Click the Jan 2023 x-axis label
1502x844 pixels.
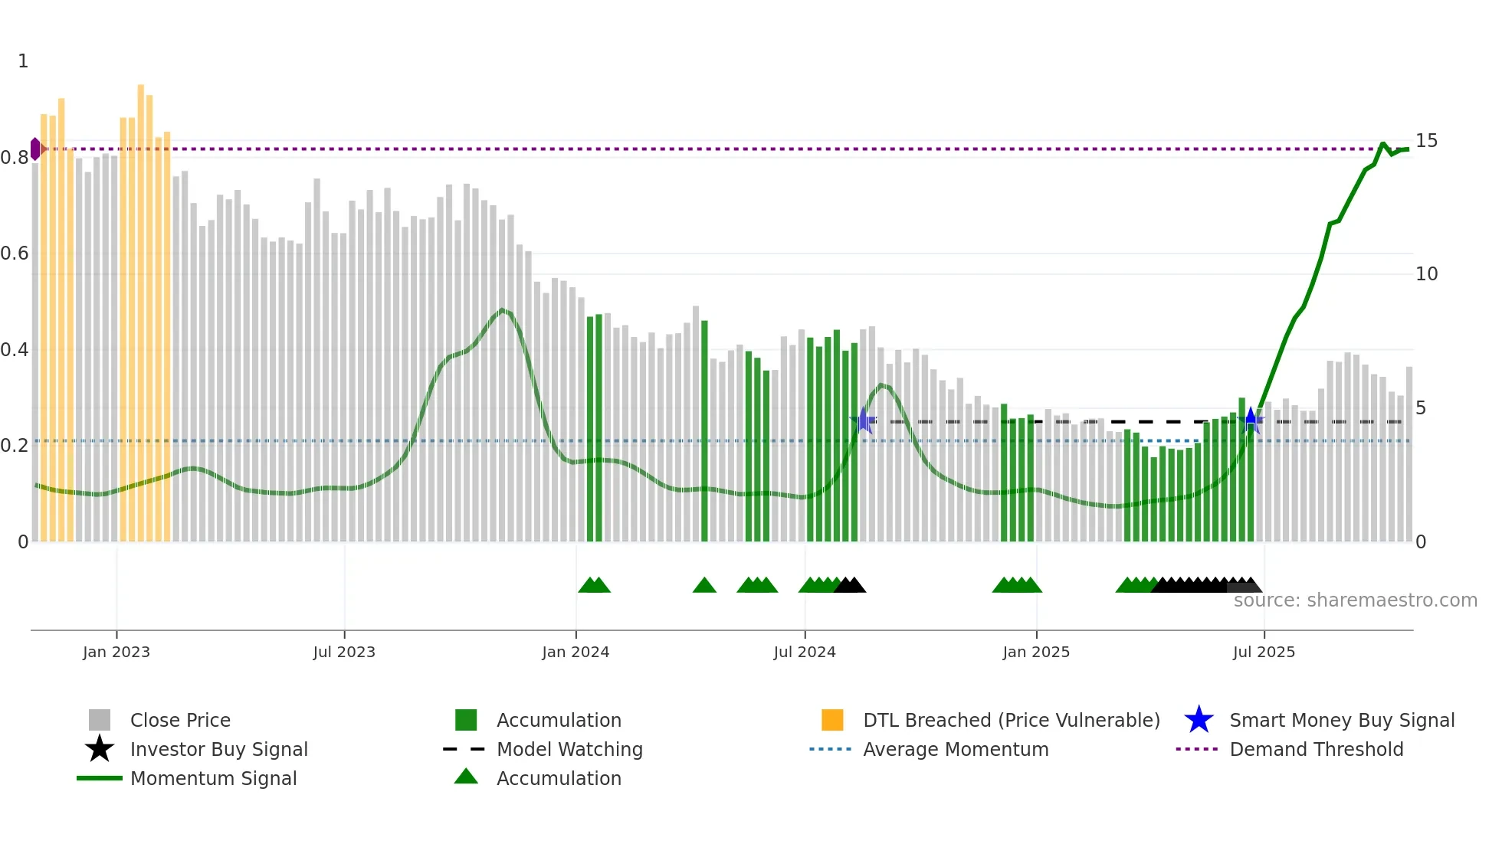click(x=116, y=653)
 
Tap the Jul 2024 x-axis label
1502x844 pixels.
click(x=804, y=653)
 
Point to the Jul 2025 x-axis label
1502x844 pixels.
click(x=1263, y=653)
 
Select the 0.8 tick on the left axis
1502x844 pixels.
click(x=15, y=158)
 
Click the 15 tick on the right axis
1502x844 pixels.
click(x=1425, y=141)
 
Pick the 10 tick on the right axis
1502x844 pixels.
click(x=1425, y=274)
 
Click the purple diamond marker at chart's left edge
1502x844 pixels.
click(x=35, y=149)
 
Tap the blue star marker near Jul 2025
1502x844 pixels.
click(x=1251, y=420)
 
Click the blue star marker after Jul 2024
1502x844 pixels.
click(x=864, y=420)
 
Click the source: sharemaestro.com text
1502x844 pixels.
click(x=1355, y=600)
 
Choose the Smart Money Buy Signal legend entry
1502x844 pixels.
click(x=1341, y=721)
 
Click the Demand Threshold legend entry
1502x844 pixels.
click(x=1316, y=750)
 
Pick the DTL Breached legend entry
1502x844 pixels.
click(x=1011, y=721)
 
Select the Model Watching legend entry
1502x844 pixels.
click(x=569, y=750)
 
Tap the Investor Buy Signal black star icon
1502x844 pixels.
click(x=100, y=750)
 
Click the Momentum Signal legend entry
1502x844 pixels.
click(x=213, y=779)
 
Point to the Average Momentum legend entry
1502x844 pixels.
click(x=955, y=750)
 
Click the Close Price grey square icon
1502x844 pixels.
click(x=100, y=721)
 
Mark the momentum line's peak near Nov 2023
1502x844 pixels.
click(x=503, y=310)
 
